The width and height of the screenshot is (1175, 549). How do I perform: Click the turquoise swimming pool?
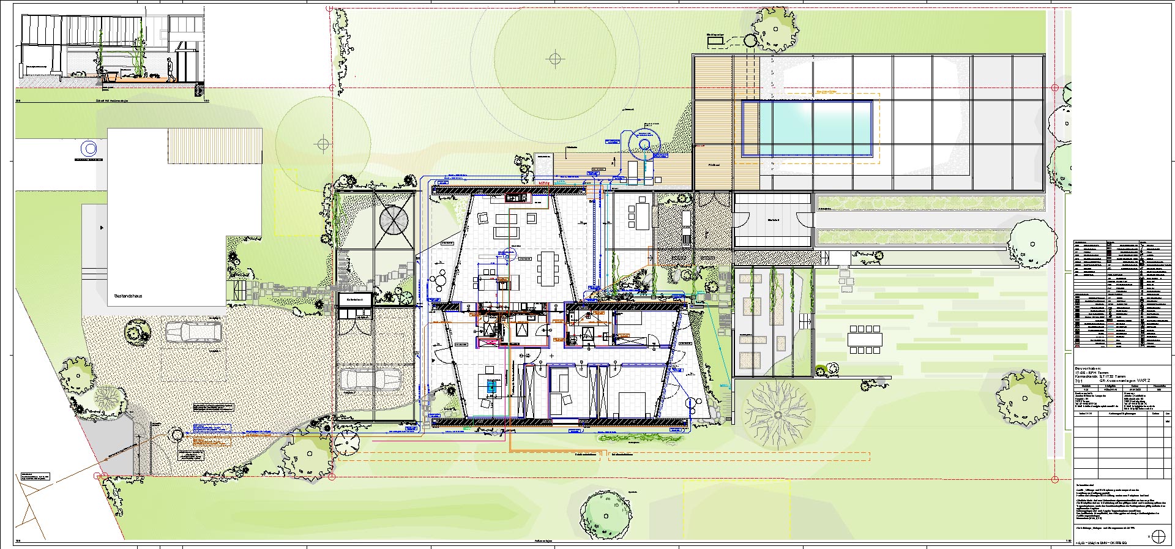tap(807, 129)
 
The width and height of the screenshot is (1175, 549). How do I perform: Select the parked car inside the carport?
tap(369, 379)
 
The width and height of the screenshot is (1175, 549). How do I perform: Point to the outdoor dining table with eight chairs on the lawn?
tap(864, 338)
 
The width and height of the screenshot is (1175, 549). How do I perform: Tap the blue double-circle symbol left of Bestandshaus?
tap(90, 148)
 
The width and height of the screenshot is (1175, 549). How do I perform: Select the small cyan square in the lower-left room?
tap(490, 386)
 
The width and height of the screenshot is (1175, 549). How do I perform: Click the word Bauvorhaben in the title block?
tap(1089, 368)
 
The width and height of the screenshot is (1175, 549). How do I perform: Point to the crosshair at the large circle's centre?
tap(555, 59)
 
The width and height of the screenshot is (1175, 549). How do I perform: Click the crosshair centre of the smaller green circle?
tap(323, 144)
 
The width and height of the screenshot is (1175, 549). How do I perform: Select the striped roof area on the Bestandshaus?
tap(214, 144)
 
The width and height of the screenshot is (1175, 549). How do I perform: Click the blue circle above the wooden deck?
tap(644, 144)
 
